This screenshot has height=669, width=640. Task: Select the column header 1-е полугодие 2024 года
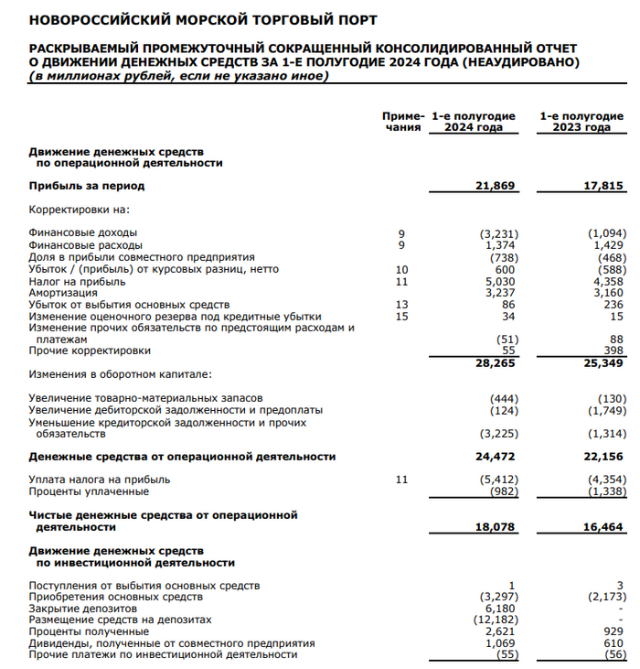[473, 122]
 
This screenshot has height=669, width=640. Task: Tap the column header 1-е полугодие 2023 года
[581, 122]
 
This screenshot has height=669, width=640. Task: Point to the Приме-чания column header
[402, 122]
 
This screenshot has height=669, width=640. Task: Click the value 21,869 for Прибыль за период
[496, 186]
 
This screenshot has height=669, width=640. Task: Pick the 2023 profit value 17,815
[604, 186]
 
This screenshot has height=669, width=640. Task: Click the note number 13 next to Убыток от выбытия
[400, 305]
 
